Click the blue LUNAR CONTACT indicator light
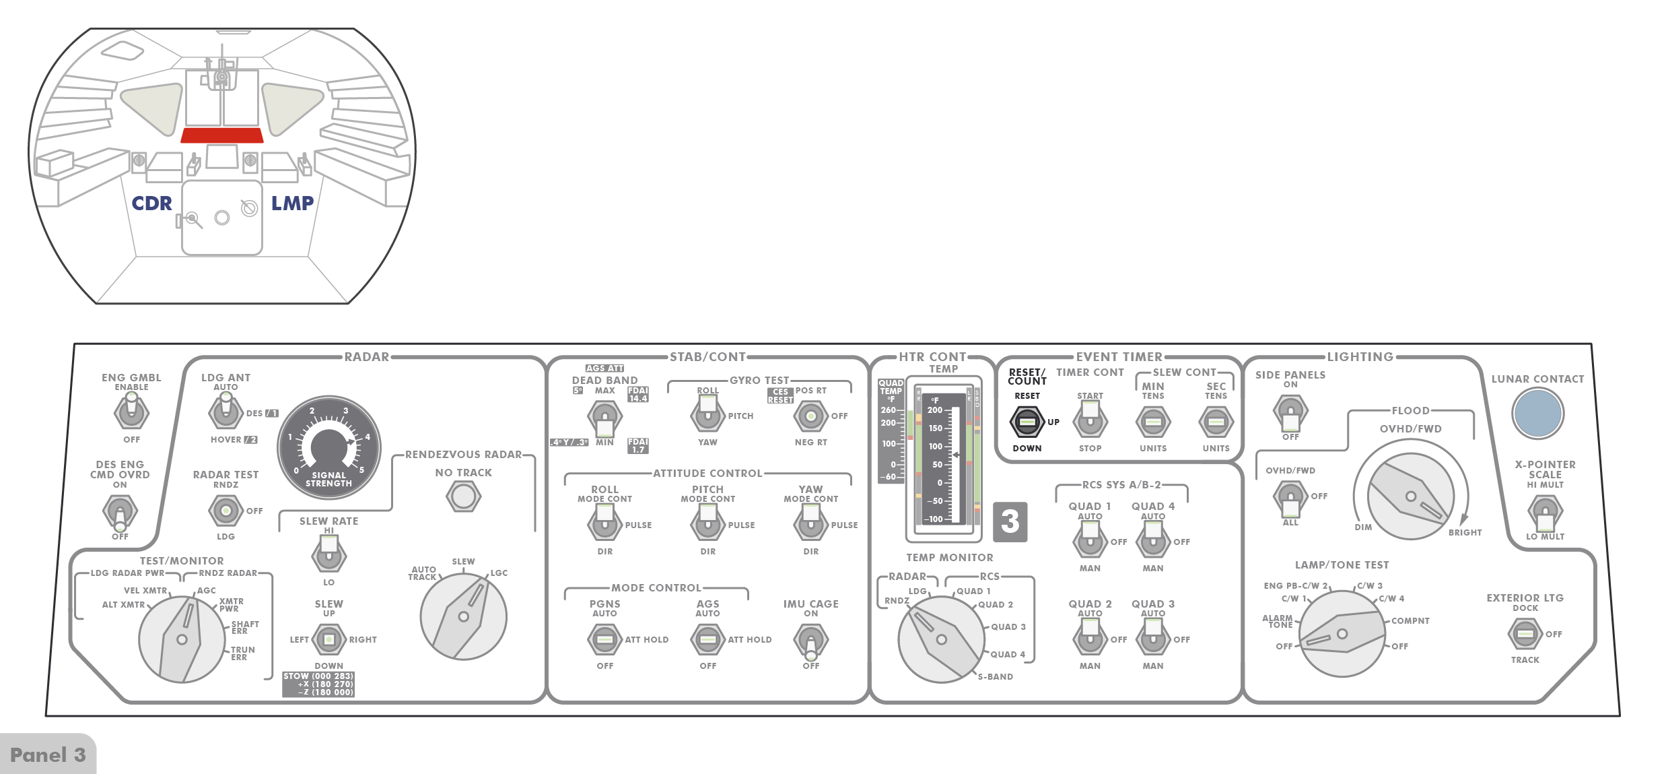pyautogui.click(x=1537, y=414)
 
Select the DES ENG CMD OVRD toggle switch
pyautogui.click(x=120, y=513)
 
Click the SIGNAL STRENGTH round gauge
pyautogui.click(x=329, y=447)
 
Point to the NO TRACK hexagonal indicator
pyautogui.click(x=463, y=496)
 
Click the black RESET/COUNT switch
pyautogui.click(x=1027, y=422)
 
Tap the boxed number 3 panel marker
pyautogui.click(x=1010, y=521)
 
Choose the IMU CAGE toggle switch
pyautogui.click(x=810, y=641)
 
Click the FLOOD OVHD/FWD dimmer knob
pyautogui.click(x=1410, y=496)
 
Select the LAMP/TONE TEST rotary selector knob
pyautogui.click(x=1342, y=633)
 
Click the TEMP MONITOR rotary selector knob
pyautogui.click(x=941, y=639)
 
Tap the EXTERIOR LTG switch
pyautogui.click(x=1525, y=634)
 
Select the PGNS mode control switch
pyautogui.click(x=604, y=639)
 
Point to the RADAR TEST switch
pyautogui.click(x=225, y=511)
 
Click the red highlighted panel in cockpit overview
pyautogui.click(x=221, y=135)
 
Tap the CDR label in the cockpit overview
pyautogui.click(x=151, y=203)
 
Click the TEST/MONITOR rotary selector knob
pyautogui.click(x=182, y=639)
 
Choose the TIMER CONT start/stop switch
pyautogui.click(x=1090, y=422)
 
